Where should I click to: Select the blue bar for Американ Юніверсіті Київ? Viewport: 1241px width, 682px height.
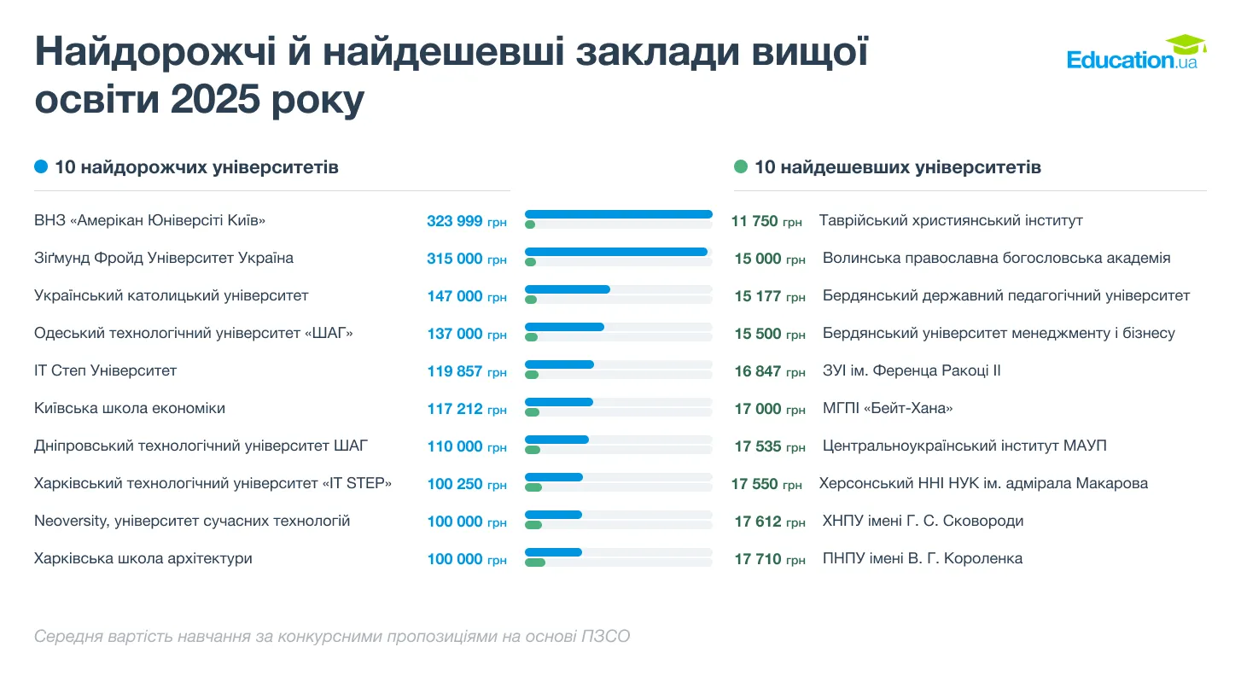point(618,214)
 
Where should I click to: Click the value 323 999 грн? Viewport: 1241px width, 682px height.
point(467,222)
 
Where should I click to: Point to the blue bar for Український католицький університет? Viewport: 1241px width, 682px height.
point(568,289)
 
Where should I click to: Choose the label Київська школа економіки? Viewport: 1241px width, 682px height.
point(130,409)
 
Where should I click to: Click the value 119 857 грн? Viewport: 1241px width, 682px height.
point(467,372)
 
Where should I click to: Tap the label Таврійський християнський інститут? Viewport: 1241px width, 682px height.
point(951,221)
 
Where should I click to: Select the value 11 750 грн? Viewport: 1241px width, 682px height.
point(766,222)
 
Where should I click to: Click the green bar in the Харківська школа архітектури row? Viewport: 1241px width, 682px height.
point(535,563)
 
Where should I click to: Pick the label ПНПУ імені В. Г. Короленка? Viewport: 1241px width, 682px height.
point(922,559)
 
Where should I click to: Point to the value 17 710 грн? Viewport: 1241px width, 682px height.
point(770,560)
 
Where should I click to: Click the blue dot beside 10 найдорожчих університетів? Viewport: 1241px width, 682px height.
point(41,167)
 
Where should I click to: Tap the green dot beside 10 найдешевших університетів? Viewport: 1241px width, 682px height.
point(741,167)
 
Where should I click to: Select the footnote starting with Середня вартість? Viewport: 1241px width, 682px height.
point(332,637)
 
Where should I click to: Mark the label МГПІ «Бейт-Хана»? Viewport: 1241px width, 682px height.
point(888,409)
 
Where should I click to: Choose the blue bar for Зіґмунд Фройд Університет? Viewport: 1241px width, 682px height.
point(615,252)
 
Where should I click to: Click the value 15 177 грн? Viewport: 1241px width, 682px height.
point(770,297)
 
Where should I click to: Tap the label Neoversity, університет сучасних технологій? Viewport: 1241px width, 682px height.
point(192,522)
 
